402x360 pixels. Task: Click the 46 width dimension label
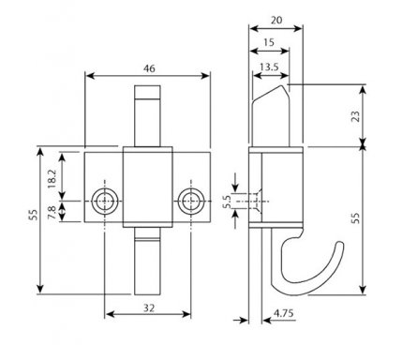point(149,68)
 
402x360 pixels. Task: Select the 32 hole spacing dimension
point(149,308)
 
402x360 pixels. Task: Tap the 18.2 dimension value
point(52,178)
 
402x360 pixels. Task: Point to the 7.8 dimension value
point(52,213)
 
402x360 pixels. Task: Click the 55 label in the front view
point(34,215)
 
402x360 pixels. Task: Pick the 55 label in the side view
point(356,217)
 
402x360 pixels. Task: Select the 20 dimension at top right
point(276,21)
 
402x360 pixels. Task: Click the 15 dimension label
point(269,42)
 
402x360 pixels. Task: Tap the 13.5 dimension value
point(269,67)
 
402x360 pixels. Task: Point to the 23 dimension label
point(356,116)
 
